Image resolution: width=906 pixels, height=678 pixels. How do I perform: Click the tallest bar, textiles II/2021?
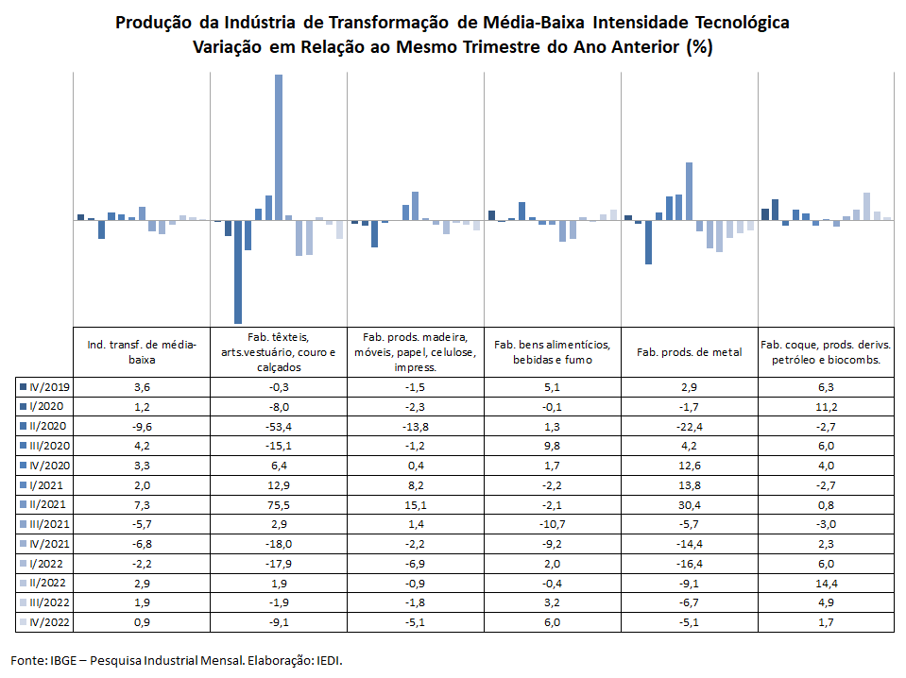(279, 147)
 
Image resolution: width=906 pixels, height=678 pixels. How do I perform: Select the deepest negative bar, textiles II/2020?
(238, 271)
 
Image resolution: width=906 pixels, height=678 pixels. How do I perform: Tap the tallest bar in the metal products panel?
(690, 191)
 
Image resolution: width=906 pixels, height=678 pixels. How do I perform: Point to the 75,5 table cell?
(279, 505)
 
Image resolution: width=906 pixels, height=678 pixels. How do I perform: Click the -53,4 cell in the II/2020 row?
(279, 427)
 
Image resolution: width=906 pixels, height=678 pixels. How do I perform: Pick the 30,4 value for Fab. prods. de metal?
(690, 505)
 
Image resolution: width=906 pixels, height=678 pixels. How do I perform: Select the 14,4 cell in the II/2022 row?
(827, 584)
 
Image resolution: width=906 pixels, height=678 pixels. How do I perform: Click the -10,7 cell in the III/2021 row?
(553, 524)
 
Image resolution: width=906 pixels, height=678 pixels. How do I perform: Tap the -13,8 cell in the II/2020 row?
(416, 427)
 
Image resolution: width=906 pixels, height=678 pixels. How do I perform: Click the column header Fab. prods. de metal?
(690, 352)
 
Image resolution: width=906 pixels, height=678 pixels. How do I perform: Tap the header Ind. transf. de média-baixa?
(142, 352)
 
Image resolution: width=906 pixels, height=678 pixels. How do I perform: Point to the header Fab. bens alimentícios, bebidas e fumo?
(553, 352)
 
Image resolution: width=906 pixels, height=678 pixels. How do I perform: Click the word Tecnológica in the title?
(743, 23)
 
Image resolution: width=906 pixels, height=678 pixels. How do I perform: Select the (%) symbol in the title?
(699, 47)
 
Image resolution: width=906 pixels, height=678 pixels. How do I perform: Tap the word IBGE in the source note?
(63, 660)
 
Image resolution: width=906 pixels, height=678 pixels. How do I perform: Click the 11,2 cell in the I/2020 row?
(827, 407)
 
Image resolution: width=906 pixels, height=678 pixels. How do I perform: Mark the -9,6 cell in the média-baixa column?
(142, 427)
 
